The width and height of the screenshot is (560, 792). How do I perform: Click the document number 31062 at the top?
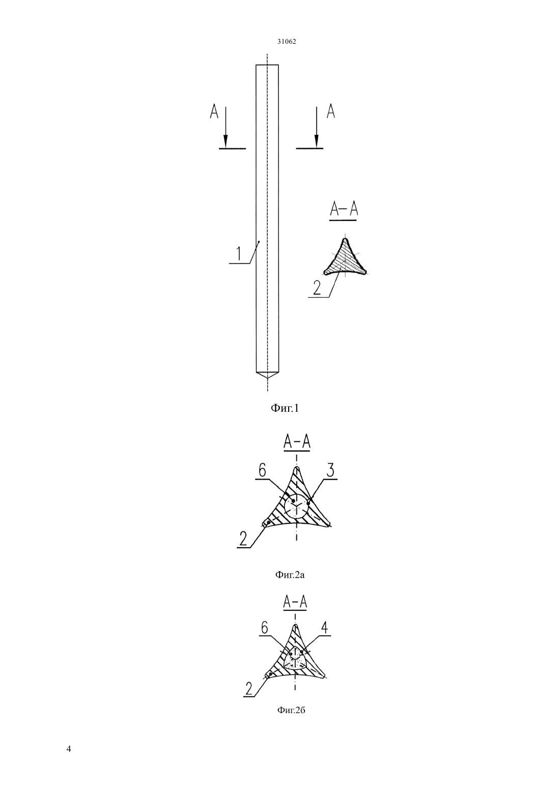pyautogui.click(x=286, y=42)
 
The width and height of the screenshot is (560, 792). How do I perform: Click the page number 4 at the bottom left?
pyautogui.click(x=69, y=749)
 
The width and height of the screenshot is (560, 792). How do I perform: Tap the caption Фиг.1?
pyautogui.click(x=285, y=408)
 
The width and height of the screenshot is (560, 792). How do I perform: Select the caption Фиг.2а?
pyautogui.click(x=290, y=575)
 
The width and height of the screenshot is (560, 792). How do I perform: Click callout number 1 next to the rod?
pyautogui.click(x=239, y=254)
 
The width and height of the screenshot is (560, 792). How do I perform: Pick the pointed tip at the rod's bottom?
pyautogui.click(x=267, y=378)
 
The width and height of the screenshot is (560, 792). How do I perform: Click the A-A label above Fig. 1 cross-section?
pyautogui.click(x=344, y=210)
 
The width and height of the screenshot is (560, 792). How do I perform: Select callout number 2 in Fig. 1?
pyautogui.click(x=317, y=288)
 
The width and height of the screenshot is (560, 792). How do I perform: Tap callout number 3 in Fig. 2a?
pyautogui.click(x=330, y=471)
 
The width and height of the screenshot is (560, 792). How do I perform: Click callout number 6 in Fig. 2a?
pyautogui.click(x=262, y=471)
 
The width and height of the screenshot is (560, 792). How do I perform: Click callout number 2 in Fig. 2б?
pyautogui.click(x=249, y=688)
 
